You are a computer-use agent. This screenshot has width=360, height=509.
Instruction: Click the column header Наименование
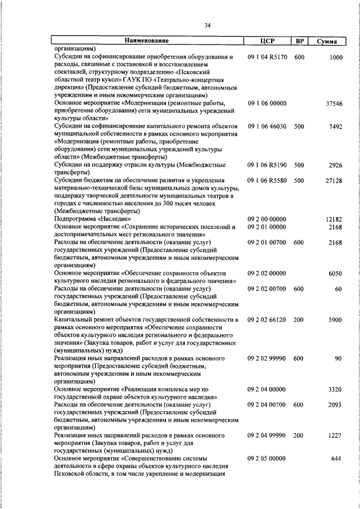tap(147, 41)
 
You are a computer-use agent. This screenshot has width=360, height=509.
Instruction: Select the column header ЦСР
tap(267, 41)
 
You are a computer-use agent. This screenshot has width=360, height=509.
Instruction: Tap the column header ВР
tap(299, 41)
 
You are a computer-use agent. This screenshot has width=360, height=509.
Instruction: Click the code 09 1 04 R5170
tap(267, 57)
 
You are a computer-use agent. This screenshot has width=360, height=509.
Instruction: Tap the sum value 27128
tap(334, 180)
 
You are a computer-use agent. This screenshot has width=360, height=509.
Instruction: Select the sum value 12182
tap(334, 218)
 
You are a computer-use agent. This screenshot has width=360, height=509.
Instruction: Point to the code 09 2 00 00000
tap(267, 218)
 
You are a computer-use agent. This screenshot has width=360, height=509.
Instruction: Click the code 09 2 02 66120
tap(267, 319)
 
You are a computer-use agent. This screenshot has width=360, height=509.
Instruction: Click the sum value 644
tap(337, 458)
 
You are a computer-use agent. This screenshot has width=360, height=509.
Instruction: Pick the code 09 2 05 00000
tap(267, 458)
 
